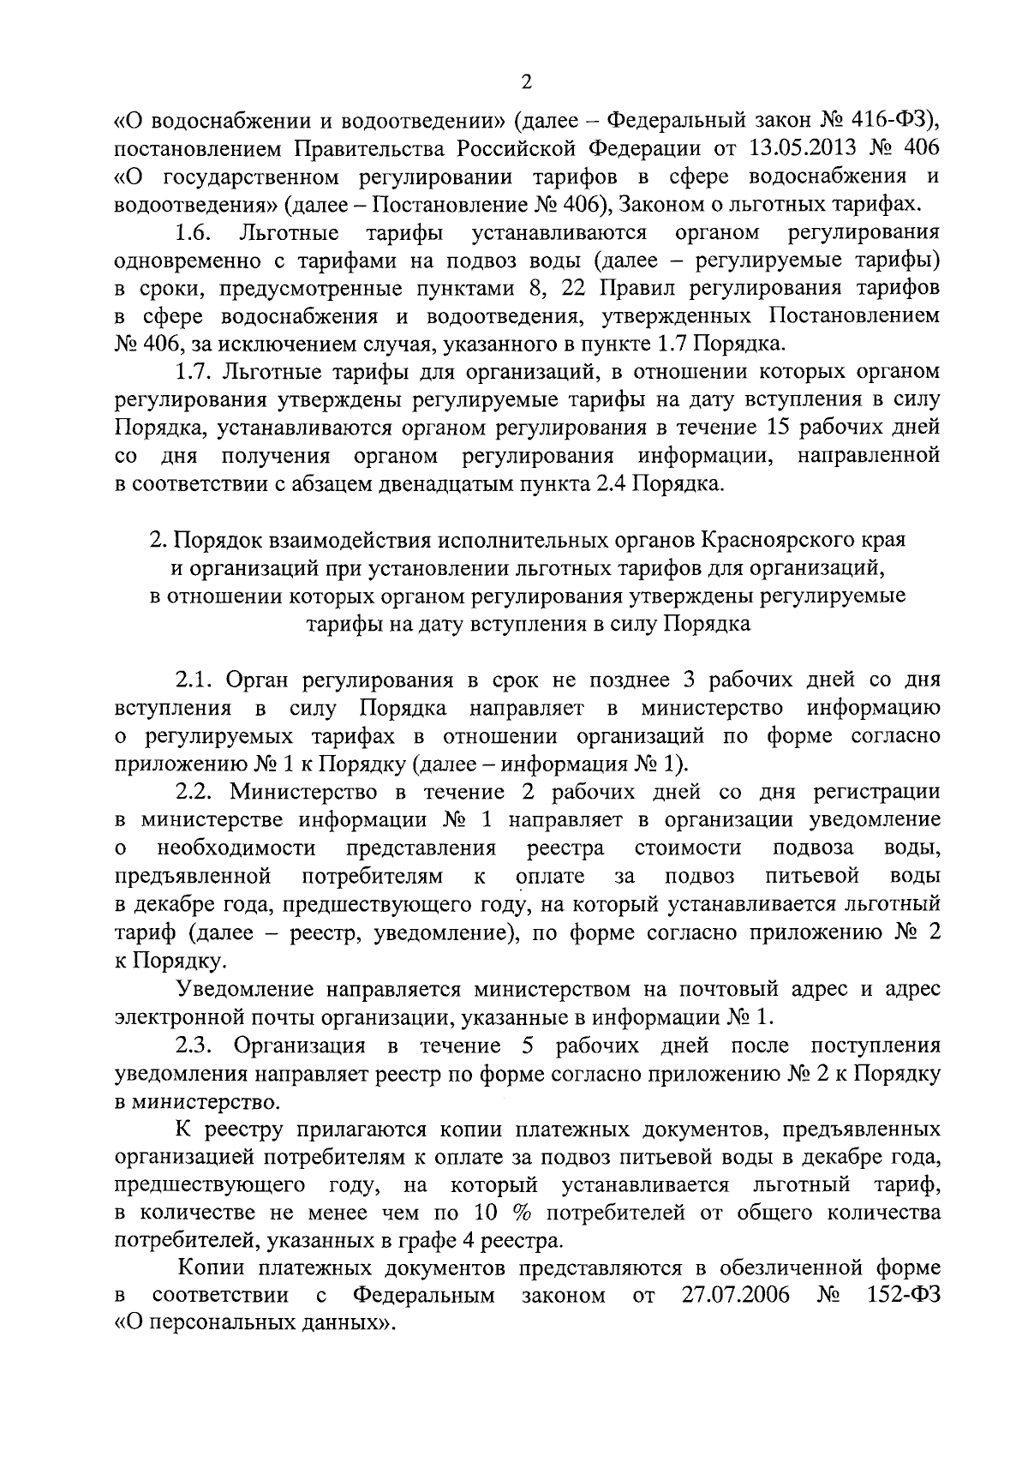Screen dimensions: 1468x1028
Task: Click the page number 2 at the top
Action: click(x=526, y=82)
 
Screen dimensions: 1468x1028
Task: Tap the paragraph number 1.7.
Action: click(x=194, y=371)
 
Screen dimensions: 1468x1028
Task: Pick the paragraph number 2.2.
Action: click(x=194, y=791)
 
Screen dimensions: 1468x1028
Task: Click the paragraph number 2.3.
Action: click(x=194, y=1046)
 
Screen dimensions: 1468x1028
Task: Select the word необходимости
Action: click(x=236, y=848)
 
